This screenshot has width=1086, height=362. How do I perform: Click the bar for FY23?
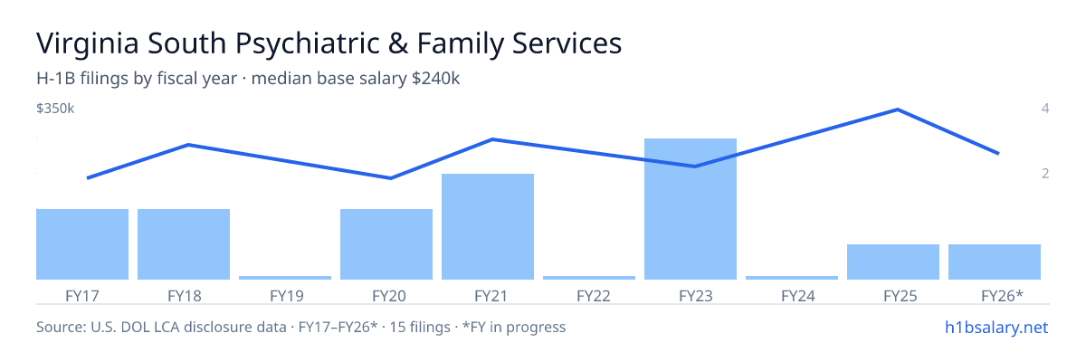click(x=691, y=209)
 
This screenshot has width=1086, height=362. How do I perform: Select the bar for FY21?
click(x=488, y=227)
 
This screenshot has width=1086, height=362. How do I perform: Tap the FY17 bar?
click(x=82, y=244)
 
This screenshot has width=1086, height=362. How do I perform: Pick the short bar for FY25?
click(x=893, y=262)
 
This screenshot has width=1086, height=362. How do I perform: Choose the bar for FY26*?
click(x=995, y=262)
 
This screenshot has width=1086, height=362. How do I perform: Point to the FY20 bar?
click(x=386, y=244)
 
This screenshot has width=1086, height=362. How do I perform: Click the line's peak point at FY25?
click(x=898, y=110)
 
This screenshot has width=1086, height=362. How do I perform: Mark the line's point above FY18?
click(x=188, y=145)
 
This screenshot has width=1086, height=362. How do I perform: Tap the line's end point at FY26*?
click(x=998, y=153)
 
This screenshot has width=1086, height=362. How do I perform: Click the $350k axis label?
click(x=55, y=109)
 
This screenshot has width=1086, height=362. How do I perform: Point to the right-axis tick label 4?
click(x=1045, y=108)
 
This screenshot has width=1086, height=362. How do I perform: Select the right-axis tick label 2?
click(x=1045, y=174)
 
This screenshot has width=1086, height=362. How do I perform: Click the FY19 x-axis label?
click(x=287, y=296)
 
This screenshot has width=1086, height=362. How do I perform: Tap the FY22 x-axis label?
click(x=594, y=296)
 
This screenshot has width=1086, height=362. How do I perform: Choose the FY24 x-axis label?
click(x=798, y=296)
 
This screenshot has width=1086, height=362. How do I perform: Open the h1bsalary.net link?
click(x=996, y=328)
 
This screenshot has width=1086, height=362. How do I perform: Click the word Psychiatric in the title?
click(x=308, y=43)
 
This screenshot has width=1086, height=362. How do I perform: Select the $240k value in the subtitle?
click(x=435, y=79)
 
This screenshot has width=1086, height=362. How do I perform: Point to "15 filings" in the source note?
click(x=420, y=328)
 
